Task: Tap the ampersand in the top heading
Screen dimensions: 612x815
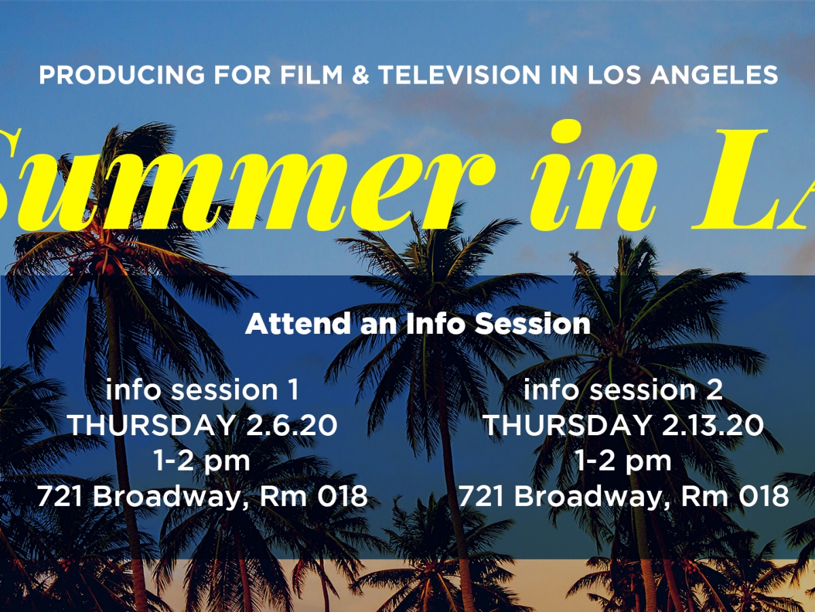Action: (x=359, y=75)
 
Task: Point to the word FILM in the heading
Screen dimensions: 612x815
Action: (x=303, y=75)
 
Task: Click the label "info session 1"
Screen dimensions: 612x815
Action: (x=202, y=390)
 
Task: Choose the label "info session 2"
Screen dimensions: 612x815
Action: (x=623, y=390)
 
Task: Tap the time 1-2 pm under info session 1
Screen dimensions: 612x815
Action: (x=202, y=461)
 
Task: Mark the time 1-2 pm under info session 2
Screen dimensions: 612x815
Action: (x=623, y=461)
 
